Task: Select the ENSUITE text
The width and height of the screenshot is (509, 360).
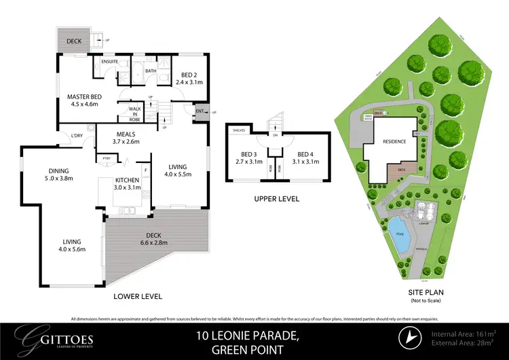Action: coord(110,62)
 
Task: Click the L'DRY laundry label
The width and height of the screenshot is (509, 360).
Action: coord(77,135)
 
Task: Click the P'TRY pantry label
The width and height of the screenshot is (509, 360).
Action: coord(106,160)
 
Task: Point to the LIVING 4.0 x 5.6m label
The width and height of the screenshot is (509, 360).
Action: coord(71,245)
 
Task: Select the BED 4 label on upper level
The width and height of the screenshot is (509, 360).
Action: coord(306,158)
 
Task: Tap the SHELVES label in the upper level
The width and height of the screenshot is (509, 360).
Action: coord(238,129)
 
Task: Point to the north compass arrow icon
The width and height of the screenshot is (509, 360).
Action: coord(411,338)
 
